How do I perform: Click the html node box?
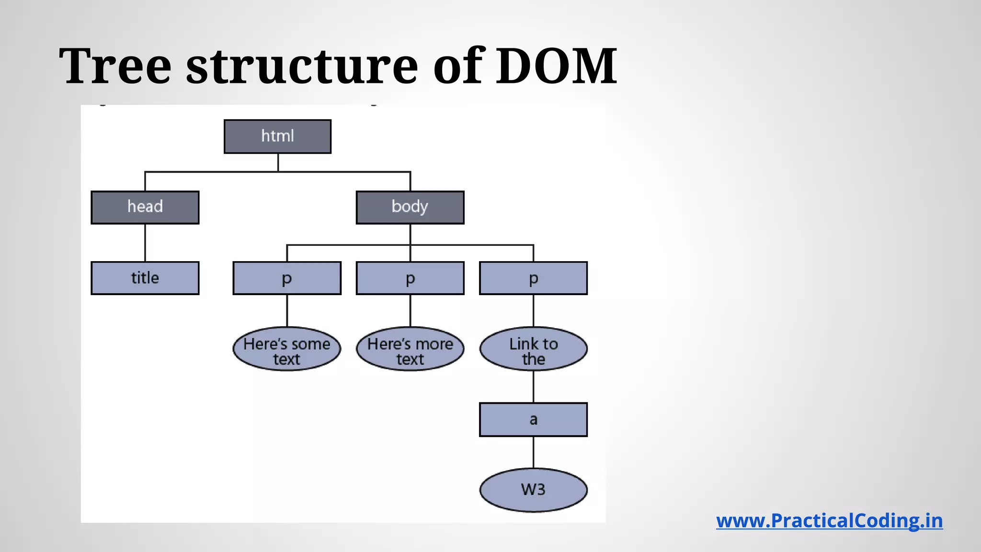point(277,137)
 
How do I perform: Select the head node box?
point(145,207)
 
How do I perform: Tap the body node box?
point(410,207)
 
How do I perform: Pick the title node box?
point(145,278)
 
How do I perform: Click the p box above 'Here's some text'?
point(287,278)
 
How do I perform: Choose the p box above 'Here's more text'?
point(410,278)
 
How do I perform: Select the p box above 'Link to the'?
point(533,278)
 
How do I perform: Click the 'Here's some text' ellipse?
point(287,349)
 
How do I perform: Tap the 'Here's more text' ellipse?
point(410,349)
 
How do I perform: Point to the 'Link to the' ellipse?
point(533,349)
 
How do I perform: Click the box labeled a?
point(533,420)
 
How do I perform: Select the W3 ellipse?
point(533,490)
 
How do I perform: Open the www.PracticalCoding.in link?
point(829,521)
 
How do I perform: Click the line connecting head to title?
point(145,243)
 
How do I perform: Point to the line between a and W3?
point(533,452)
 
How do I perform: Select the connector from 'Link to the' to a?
point(533,387)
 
